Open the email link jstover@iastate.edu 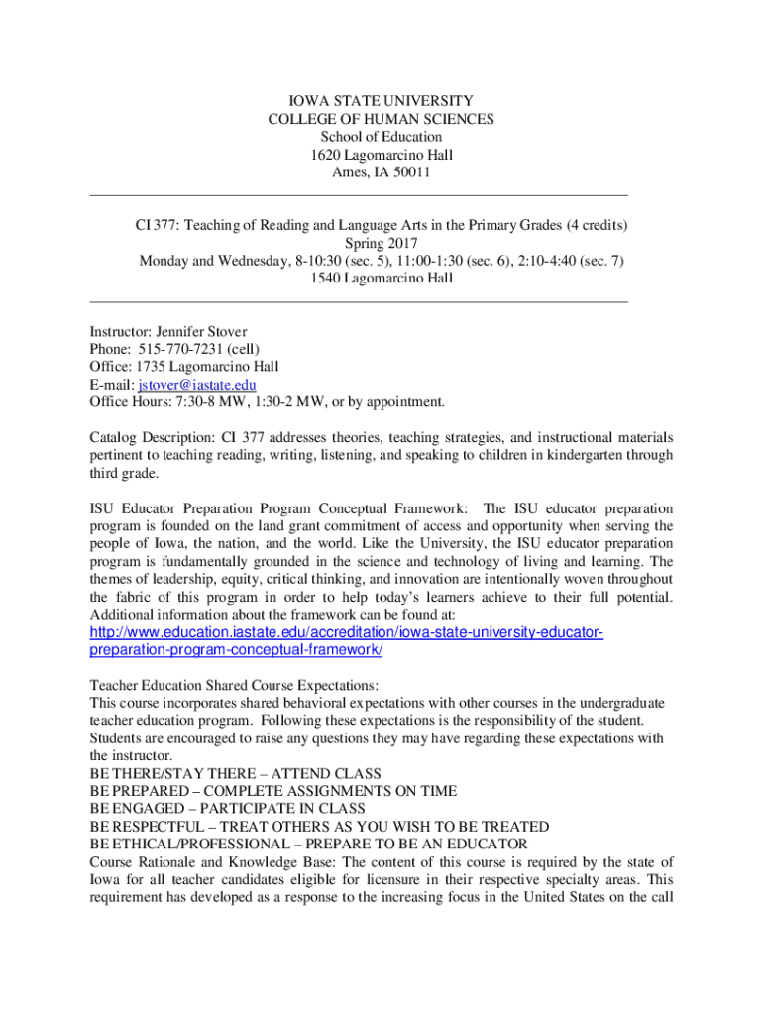pyautogui.click(x=197, y=385)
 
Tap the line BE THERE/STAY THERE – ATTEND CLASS pyautogui.click(x=235, y=773)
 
